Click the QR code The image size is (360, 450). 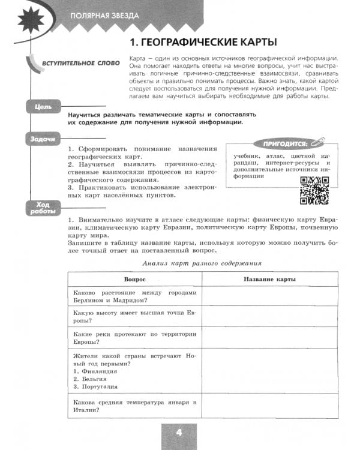(x=314, y=191)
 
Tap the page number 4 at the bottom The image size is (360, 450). (x=178, y=433)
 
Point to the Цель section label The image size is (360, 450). (x=43, y=107)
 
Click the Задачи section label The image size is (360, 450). (x=43, y=139)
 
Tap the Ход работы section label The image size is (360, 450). (x=43, y=208)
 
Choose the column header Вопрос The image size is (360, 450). (x=134, y=280)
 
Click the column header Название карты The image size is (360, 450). (x=269, y=280)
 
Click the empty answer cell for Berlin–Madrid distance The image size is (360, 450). (x=269, y=296)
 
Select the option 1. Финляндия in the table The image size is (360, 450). (x=95, y=371)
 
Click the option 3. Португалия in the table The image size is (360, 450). (x=97, y=388)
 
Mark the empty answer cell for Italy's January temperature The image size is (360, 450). (x=269, y=406)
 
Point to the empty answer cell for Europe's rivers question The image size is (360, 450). (x=269, y=337)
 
